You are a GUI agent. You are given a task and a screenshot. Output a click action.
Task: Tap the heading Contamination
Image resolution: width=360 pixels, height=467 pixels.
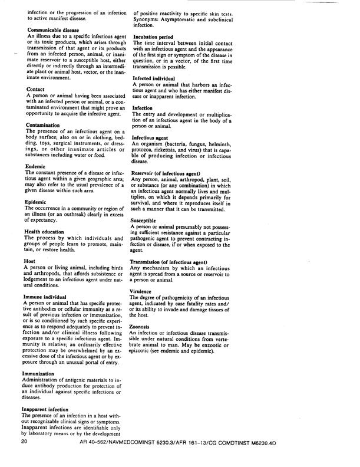(44, 126)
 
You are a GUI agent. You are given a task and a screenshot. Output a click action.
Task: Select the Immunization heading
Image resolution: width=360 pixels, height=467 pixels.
(45, 374)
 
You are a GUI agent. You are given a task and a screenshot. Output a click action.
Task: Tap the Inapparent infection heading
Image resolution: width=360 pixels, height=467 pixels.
(54, 409)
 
